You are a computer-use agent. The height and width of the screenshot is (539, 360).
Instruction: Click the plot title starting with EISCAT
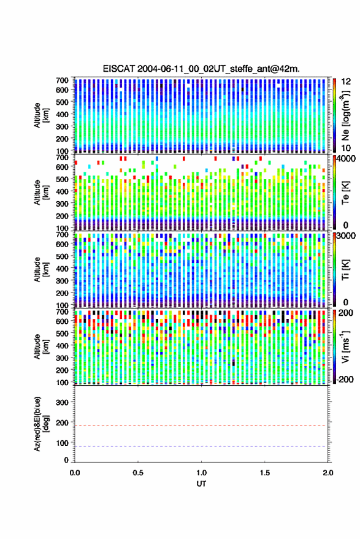point(201,69)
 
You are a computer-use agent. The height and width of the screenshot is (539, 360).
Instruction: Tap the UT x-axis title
point(201,484)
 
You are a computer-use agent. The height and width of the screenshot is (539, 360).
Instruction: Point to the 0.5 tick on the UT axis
point(138,473)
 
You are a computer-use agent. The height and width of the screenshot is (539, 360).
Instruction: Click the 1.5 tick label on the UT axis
point(265,473)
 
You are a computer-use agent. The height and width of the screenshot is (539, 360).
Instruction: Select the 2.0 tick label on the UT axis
point(328,473)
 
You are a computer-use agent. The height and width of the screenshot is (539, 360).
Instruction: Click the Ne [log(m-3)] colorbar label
point(345,115)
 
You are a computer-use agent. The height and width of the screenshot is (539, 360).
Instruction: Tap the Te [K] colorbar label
point(345,193)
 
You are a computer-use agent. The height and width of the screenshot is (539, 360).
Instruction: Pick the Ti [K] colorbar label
point(345,270)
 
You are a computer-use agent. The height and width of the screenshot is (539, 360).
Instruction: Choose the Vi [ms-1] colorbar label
point(345,346)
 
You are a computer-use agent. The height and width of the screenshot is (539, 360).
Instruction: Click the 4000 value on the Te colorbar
point(346,159)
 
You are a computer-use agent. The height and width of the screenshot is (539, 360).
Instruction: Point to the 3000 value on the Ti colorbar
point(346,236)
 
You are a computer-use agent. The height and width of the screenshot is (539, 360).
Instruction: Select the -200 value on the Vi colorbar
point(345,380)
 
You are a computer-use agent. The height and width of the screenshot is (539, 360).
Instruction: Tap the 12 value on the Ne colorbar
point(346,82)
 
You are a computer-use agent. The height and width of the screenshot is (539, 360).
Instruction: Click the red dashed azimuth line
point(201,426)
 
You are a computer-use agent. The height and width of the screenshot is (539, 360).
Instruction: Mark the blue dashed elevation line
point(201,446)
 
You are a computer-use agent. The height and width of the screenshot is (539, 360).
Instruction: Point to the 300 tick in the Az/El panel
point(62,402)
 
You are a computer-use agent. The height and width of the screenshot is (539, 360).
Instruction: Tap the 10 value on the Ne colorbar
point(346,148)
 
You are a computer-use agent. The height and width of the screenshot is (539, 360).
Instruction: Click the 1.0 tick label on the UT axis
point(202,473)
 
